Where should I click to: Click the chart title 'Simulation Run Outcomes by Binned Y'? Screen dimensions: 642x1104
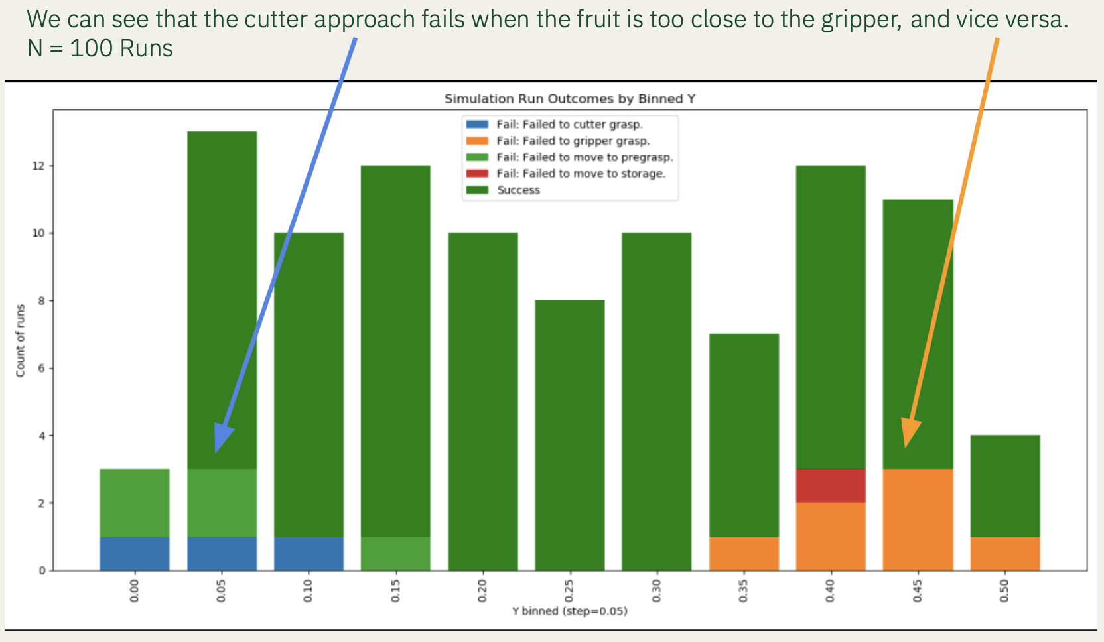(x=569, y=99)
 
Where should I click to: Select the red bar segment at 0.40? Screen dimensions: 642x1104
(x=831, y=485)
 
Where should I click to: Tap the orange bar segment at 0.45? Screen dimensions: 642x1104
(x=918, y=519)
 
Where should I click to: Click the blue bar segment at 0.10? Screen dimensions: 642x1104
(x=309, y=553)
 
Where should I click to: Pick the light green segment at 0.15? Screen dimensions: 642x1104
(x=395, y=553)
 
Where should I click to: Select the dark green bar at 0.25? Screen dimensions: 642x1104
(x=569, y=435)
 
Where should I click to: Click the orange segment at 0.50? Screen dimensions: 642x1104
(x=1004, y=553)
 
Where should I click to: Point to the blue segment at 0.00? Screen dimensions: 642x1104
(x=135, y=553)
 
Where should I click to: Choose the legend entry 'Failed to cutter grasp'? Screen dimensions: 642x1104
(x=569, y=124)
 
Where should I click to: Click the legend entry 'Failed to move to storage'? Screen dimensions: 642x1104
(x=581, y=174)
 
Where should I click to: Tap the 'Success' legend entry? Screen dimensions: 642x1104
(x=518, y=190)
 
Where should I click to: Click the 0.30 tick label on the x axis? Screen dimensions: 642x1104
(x=656, y=590)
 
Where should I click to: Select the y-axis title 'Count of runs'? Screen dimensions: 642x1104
(x=21, y=341)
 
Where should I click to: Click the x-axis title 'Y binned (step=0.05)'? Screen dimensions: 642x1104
(x=569, y=611)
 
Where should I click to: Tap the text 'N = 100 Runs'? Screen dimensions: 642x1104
(x=100, y=48)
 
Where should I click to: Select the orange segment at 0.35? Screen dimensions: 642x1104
(x=744, y=553)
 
